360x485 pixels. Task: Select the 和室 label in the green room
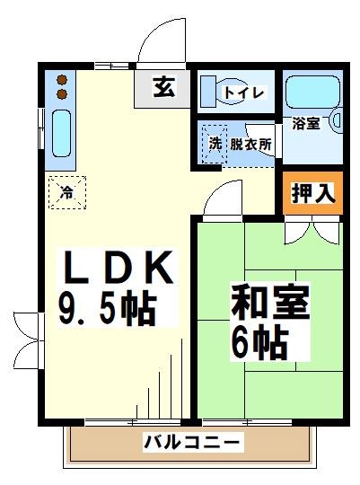(x=270, y=303)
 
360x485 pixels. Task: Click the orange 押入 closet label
(x=312, y=192)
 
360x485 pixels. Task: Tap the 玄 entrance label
(x=163, y=88)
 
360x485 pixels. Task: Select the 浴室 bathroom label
(x=306, y=123)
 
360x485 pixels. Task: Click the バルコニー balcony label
(x=192, y=442)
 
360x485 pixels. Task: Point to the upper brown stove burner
(x=62, y=78)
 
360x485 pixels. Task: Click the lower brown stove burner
(x=62, y=93)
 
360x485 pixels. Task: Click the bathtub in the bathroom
(x=308, y=93)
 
